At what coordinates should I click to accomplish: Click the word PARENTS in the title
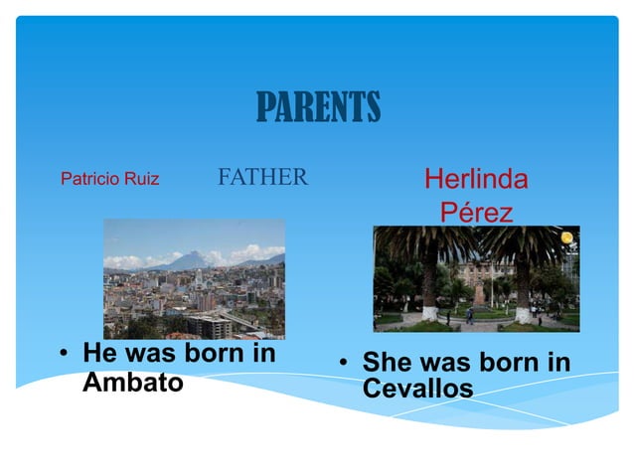click(x=318, y=107)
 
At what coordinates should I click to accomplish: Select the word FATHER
click(x=262, y=178)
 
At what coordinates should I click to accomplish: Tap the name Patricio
click(x=90, y=180)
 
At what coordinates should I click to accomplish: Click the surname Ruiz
click(x=141, y=180)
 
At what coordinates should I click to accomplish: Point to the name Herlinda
click(x=476, y=180)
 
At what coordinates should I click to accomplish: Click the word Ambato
click(x=132, y=382)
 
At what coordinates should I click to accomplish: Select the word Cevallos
click(x=417, y=390)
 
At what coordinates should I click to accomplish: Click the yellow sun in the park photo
click(x=567, y=237)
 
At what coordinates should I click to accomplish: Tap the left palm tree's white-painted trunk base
click(x=430, y=313)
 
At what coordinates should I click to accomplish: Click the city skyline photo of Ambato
click(x=194, y=279)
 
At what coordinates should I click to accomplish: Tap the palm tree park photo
click(x=475, y=278)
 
